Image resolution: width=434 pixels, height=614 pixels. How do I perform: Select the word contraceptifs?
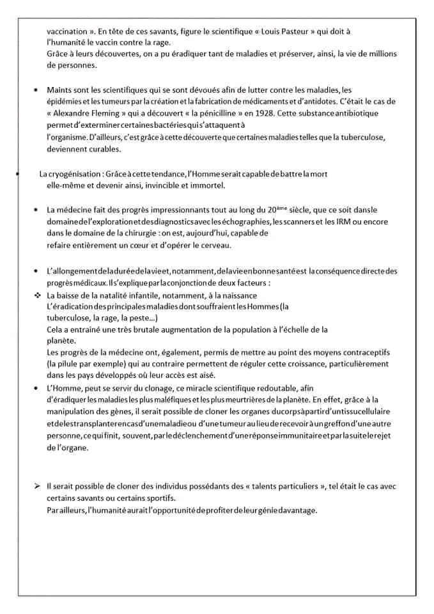click(x=365, y=352)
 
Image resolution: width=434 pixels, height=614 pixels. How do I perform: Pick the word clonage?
click(x=160, y=388)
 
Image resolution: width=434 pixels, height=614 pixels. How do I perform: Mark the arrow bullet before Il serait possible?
click(x=37, y=487)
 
